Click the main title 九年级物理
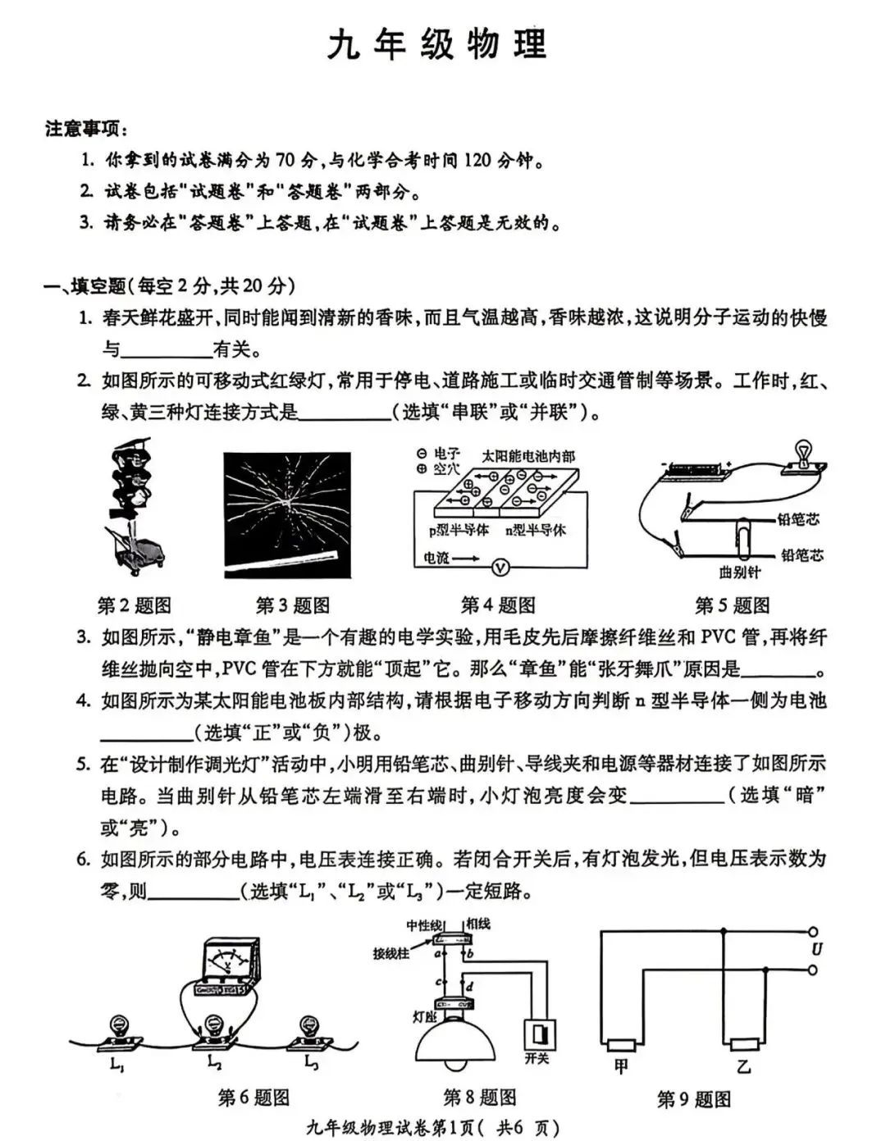click(437, 45)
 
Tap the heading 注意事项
click(85, 129)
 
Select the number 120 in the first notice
click(477, 160)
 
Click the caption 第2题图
click(135, 605)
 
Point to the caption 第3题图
click(293, 605)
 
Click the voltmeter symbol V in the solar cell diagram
click(500, 567)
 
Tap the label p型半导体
click(459, 531)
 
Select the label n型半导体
click(536, 531)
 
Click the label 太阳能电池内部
click(528, 456)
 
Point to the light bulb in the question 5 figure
click(802, 452)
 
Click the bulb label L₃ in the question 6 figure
click(311, 1064)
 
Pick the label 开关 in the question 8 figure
click(537, 1058)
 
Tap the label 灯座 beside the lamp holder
click(423, 1016)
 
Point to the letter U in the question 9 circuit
click(816, 950)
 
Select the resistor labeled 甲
click(621, 1045)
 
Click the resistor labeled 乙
click(744, 1045)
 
